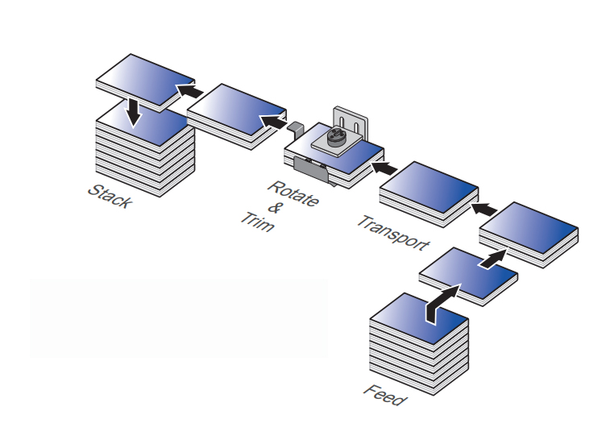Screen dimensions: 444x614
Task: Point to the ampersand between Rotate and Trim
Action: click(273, 208)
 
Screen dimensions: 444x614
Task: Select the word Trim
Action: click(257, 222)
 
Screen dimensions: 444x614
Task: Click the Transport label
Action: click(393, 233)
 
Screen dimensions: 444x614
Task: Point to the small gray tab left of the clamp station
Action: click(294, 127)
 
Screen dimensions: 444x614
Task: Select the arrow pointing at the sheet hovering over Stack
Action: click(189, 92)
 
